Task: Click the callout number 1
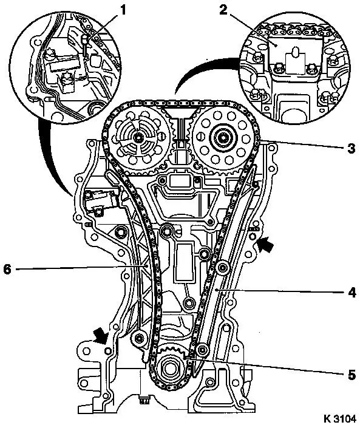(123, 10)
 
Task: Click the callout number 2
(223, 10)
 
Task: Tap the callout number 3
(352, 148)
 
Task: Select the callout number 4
(352, 293)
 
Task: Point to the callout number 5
(352, 375)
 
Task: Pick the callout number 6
(7, 270)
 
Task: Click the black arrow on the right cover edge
(265, 244)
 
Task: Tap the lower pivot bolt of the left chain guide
(139, 338)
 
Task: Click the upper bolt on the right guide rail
(222, 268)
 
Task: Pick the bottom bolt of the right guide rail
(202, 351)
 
